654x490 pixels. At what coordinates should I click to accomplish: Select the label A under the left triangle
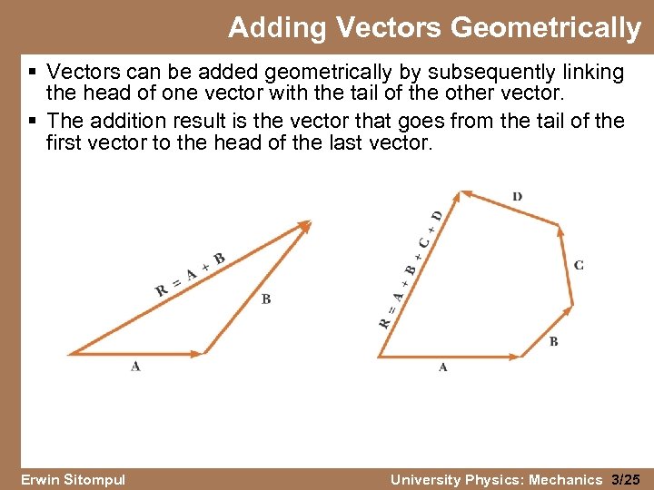pyautogui.click(x=135, y=366)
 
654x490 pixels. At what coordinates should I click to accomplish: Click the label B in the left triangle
pyautogui.click(x=265, y=299)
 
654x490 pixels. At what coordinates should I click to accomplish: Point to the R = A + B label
pyautogui.click(x=190, y=275)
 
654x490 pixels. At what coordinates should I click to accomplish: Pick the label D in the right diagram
pyautogui.click(x=517, y=196)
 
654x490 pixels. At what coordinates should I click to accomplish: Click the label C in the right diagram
pyautogui.click(x=579, y=265)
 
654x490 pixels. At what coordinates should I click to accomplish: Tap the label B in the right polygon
pyautogui.click(x=553, y=341)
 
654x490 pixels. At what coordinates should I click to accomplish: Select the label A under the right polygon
pyautogui.click(x=442, y=367)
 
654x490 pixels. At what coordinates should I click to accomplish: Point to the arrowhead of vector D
pyautogui.click(x=466, y=193)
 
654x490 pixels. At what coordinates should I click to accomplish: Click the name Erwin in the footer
pyautogui.click(x=43, y=479)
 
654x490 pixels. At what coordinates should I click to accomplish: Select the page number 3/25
pyautogui.click(x=626, y=479)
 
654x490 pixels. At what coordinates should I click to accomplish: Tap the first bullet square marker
pyautogui.click(x=33, y=72)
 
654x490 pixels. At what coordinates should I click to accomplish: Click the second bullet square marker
pyautogui.click(x=33, y=121)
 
